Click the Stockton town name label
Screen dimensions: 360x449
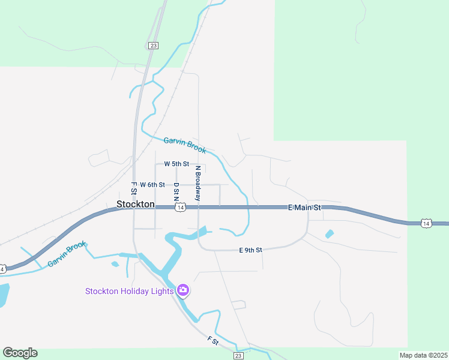(x=135, y=204)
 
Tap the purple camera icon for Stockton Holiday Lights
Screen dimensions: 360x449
(x=183, y=291)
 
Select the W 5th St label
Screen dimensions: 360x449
(x=176, y=164)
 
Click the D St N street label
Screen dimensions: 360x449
(x=176, y=191)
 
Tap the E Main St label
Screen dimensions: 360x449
(x=305, y=208)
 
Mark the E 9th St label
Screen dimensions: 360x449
(x=250, y=250)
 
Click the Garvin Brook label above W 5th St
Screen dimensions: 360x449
(x=185, y=145)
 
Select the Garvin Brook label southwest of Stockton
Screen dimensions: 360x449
(x=67, y=254)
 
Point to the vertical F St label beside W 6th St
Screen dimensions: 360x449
(x=134, y=188)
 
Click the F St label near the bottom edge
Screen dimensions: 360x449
(x=212, y=340)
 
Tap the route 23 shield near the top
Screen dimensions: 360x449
(x=154, y=46)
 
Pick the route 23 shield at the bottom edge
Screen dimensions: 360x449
(x=238, y=356)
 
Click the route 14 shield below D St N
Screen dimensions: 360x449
(x=180, y=208)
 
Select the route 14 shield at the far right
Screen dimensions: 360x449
(x=426, y=223)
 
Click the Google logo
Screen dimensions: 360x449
(x=20, y=353)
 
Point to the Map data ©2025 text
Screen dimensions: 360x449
(x=423, y=355)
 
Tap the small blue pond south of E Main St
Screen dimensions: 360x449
(x=329, y=234)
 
